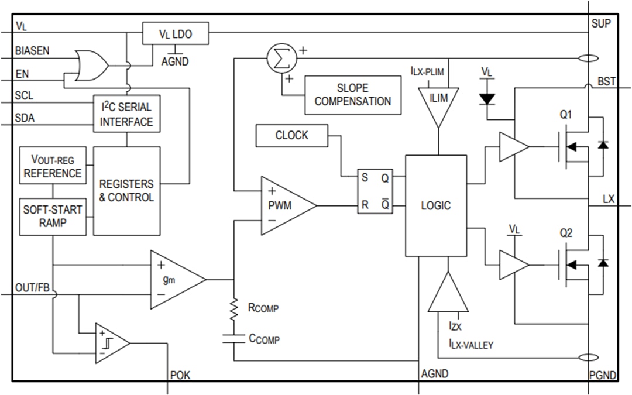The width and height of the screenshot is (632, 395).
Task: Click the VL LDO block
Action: click(x=176, y=35)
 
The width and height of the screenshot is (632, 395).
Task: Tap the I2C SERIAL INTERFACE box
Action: click(x=126, y=114)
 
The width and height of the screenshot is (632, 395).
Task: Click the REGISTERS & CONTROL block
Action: click(x=126, y=191)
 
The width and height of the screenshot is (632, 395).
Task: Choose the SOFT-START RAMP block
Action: click(x=53, y=217)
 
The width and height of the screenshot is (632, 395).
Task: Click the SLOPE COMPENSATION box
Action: click(x=353, y=95)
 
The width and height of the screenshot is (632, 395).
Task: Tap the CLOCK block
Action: click(x=291, y=136)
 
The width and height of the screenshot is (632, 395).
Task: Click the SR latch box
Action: click(x=375, y=191)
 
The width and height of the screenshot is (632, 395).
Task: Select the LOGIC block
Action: click(x=436, y=205)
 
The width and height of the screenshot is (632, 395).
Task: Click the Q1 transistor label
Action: click(x=565, y=115)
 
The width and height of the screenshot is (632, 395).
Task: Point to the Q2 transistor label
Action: click(x=565, y=233)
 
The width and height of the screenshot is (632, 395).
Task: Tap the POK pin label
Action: click(x=180, y=375)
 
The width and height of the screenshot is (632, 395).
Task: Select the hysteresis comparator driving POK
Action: click(x=111, y=343)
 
